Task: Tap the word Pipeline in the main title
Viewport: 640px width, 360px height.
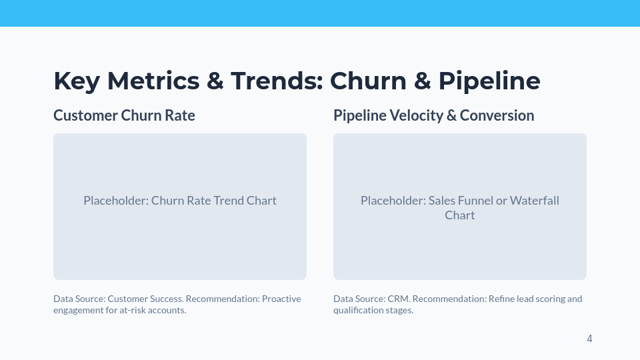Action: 489,81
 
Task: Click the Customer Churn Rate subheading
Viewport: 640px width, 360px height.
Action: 124,115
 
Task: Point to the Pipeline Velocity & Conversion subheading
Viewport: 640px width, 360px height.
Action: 433,115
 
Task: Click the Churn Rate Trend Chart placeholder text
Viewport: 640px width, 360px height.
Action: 180,201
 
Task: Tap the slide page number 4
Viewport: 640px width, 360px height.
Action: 589,339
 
